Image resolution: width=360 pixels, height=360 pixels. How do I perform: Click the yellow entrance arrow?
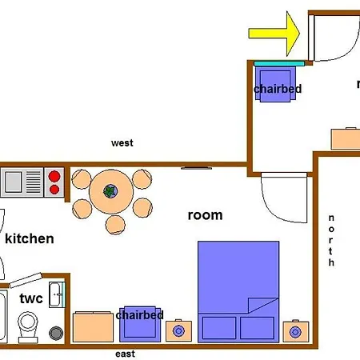pyautogui.click(x=274, y=34)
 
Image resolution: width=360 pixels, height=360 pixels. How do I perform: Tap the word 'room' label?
pyautogui.click(x=205, y=215)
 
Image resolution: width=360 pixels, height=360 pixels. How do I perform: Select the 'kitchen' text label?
pyautogui.click(x=30, y=238)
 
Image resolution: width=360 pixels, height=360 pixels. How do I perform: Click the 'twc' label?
pyautogui.click(x=31, y=298)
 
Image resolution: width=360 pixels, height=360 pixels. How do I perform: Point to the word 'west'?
pyautogui.click(x=122, y=143)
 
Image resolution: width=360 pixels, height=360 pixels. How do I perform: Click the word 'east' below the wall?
pyautogui.click(x=125, y=354)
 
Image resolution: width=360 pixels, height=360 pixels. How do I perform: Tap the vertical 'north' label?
pyautogui.click(x=331, y=240)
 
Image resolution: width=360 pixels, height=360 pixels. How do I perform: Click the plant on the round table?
pyautogui.click(x=110, y=191)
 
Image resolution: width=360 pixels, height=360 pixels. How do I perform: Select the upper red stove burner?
pyautogui.click(x=54, y=176)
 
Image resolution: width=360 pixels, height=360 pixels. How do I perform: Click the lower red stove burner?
pyautogui.click(x=54, y=190)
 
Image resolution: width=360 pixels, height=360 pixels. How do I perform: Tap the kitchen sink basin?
pyautogui.click(x=14, y=182)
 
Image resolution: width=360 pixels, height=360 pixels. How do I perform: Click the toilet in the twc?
pyautogui.click(x=28, y=326)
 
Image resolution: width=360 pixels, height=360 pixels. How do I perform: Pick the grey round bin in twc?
pyautogui.click(x=56, y=333)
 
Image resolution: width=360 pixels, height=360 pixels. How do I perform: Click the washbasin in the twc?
pyautogui.click(x=56, y=294)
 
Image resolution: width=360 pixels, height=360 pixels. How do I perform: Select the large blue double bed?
pyautogui.click(x=238, y=292)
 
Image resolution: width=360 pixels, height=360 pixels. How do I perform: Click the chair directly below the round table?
pyautogui.click(x=115, y=225)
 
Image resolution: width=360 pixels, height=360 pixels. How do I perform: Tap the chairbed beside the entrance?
pyautogui.click(x=275, y=84)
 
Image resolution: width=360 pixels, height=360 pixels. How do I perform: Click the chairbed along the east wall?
pyautogui.click(x=140, y=324)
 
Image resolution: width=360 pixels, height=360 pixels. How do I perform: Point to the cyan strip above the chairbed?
pyautogui.click(x=279, y=63)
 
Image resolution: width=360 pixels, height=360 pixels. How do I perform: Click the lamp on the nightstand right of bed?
pyautogui.click(x=295, y=332)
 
